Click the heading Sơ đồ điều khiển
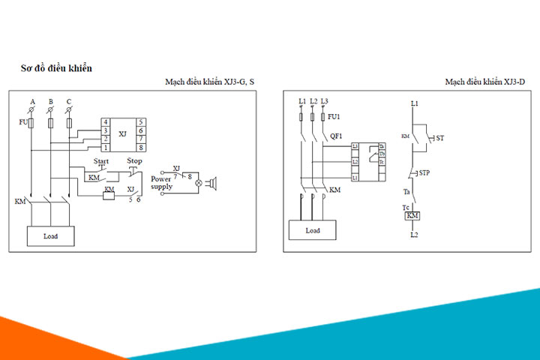56,68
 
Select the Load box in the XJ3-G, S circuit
50,236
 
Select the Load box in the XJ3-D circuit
313,231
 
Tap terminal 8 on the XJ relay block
141,148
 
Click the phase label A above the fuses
32,101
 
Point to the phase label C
69,101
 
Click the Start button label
101,161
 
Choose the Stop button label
134,161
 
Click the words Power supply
161,182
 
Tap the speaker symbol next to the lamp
212,182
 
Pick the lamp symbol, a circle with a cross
199,182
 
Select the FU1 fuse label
334,117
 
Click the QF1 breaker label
337,136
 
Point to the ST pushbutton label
440,139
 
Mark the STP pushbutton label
424,172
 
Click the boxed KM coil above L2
412,216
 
